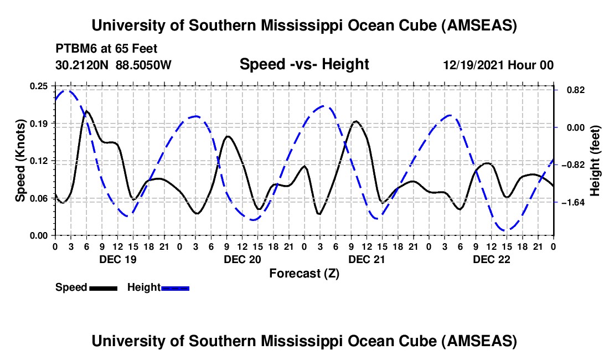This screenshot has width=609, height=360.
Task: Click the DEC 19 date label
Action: point(117,259)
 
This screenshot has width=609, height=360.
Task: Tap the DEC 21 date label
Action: point(366,259)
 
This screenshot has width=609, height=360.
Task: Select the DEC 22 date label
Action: point(491,259)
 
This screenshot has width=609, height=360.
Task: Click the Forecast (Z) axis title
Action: point(304,273)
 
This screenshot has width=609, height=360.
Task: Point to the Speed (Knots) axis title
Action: point(20,161)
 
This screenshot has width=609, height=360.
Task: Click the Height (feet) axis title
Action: point(595,161)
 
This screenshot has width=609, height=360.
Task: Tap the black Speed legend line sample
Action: point(103,287)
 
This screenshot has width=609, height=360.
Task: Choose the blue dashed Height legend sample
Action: point(176,287)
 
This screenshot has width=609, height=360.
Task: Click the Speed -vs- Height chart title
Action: point(304,64)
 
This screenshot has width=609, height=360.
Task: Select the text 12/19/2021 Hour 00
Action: point(498,65)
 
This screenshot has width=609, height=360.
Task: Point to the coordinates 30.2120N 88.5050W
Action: point(113,65)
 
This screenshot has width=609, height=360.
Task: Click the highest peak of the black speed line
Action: point(86,111)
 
